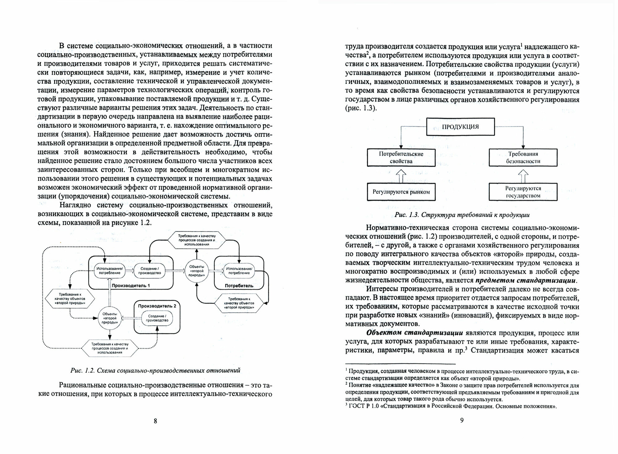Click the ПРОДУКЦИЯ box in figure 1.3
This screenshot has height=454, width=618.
click(x=460, y=127)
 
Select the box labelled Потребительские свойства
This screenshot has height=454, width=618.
click(x=401, y=157)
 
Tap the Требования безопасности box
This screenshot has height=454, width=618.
click(x=523, y=157)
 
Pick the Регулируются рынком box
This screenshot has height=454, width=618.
click(x=401, y=192)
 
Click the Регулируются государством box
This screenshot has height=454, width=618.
click(x=523, y=192)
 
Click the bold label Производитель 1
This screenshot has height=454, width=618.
click(x=131, y=285)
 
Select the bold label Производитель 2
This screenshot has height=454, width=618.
click(x=157, y=306)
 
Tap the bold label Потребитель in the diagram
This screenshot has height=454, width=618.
click(x=239, y=285)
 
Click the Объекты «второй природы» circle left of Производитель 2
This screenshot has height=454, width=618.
click(x=110, y=318)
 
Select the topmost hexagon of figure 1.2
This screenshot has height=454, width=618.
click(x=197, y=239)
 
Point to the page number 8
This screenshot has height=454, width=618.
click(x=155, y=421)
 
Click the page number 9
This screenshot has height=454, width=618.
click(x=462, y=420)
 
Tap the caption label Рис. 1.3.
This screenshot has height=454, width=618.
click(x=406, y=215)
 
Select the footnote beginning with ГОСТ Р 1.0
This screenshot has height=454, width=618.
click(x=451, y=406)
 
